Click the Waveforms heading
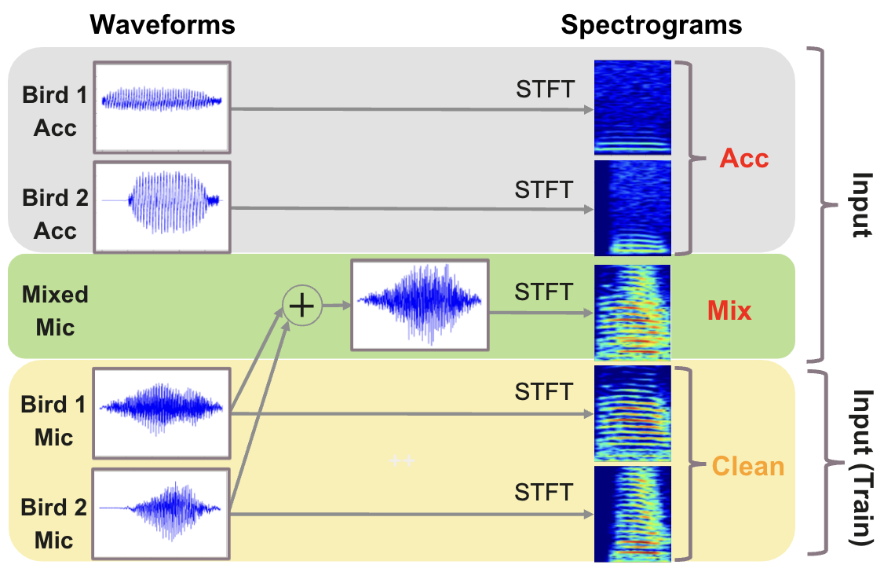(x=163, y=24)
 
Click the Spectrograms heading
(x=651, y=24)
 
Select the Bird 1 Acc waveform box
(x=163, y=107)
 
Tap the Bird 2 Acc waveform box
(x=163, y=207)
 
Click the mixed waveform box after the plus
(x=420, y=305)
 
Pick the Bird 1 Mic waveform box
(x=163, y=414)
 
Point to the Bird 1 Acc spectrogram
(x=633, y=108)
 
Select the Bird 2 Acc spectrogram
(x=633, y=207)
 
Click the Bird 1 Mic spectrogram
(x=633, y=412)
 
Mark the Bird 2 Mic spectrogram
(x=633, y=514)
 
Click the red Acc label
(x=743, y=159)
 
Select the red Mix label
(x=729, y=311)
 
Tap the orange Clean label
(x=747, y=466)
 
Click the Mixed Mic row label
(x=54, y=310)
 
